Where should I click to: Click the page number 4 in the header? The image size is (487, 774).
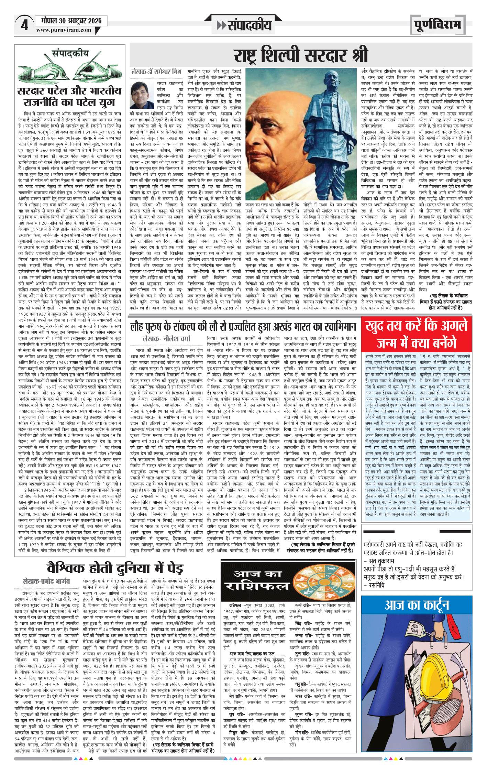click(24, 25)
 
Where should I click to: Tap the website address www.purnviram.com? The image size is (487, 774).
click(64, 30)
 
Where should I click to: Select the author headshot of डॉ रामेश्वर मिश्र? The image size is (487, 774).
click(142, 95)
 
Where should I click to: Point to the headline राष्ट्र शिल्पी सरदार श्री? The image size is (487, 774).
click(301, 55)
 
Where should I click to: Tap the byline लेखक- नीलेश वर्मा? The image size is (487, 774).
click(166, 339)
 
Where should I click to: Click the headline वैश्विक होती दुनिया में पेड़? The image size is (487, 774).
click(115, 568)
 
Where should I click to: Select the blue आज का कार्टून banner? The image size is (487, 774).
click(417, 605)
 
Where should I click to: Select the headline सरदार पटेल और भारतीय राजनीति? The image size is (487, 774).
click(69, 97)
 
